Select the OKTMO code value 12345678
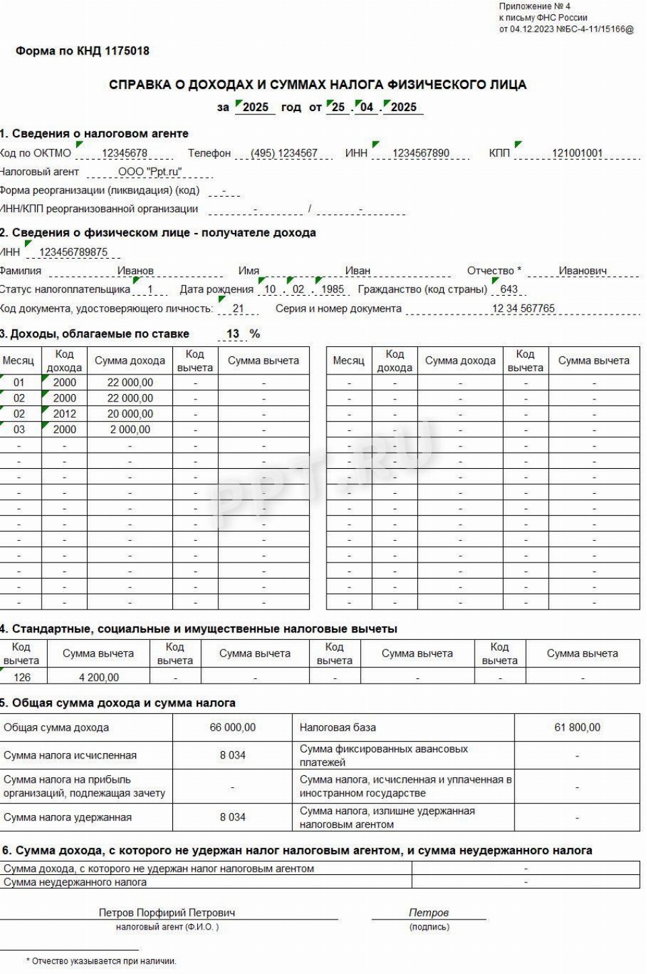click(125, 153)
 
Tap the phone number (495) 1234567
click(283, 153)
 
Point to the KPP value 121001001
click(577, 153)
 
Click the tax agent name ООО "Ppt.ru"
click(150, 172)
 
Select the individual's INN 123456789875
click(73, 252)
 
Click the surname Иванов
click(135, 271)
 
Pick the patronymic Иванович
click(582, 271)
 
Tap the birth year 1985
click(333, 289)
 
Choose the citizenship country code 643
click(509, 289)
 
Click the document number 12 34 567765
click(523, 309)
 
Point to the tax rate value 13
click(233, 333)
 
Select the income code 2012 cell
click(65, 414)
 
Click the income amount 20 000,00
click(130, 414)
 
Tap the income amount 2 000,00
click(130, 430)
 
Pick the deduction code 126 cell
click(22, 677)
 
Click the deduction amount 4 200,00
click(98, 677)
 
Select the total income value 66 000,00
click(232, 727)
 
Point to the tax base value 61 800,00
click(577, 727)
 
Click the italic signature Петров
click(428, 913)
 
